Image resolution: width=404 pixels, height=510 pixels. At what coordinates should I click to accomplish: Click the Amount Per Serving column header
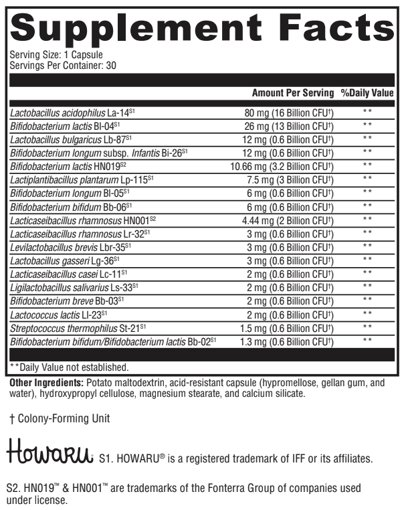point(292,93)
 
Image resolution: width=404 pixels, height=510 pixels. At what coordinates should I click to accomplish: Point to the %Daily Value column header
point(367,93)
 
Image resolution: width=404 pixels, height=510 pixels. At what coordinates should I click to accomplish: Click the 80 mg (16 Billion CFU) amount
point(289,112)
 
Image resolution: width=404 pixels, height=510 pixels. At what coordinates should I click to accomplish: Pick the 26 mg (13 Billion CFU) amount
point(289,125)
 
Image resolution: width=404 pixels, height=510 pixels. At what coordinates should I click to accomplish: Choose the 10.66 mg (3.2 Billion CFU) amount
point(284,165)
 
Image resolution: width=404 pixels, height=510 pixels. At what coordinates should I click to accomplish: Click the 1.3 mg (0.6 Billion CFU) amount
point(289,341)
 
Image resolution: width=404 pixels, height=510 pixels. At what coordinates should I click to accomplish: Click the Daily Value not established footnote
point(70,367)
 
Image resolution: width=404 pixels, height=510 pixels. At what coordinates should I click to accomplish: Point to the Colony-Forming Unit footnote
point(60,419)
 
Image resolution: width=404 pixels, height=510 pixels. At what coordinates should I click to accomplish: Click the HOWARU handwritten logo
point(49,455)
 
